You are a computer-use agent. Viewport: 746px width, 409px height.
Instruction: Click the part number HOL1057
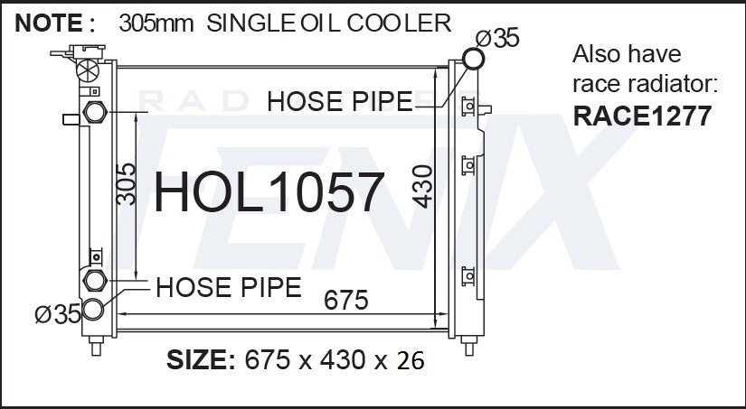tap(269, 192)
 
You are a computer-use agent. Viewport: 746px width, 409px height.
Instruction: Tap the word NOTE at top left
tap(49, 23)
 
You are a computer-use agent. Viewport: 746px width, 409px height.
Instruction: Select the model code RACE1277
tap(642, 116)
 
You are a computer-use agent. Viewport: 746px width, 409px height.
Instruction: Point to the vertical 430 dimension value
tap(422, 186)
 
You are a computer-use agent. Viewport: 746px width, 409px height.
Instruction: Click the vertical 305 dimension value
tap(126, 184)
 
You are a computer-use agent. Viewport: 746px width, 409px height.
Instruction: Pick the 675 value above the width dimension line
tap(346, 301)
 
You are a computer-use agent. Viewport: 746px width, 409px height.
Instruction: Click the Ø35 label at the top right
tap(497, 38)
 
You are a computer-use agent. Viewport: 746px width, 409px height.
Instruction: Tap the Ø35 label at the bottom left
tap(58, 314)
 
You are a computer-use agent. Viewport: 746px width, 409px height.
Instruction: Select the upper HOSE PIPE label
tap(340, 102)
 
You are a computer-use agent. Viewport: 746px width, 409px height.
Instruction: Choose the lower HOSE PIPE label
tap(229, 287)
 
